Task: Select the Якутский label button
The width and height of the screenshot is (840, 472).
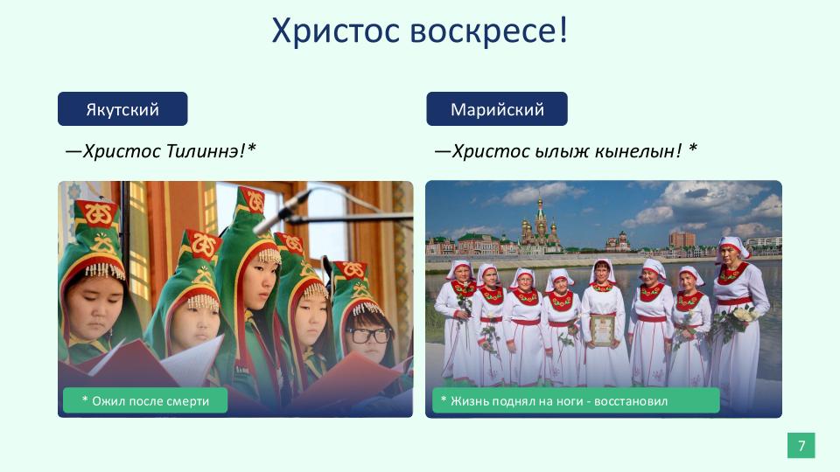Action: [x=122, y=109]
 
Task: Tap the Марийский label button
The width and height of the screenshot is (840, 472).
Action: [x=497, y=109]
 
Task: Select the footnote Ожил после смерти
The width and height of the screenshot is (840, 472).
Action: [x=145, y=401]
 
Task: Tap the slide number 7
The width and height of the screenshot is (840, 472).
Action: [x=801, y=445]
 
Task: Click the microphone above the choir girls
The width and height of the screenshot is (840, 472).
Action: [x=281, y=212]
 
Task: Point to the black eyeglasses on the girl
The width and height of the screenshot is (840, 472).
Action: [x=368, y=336]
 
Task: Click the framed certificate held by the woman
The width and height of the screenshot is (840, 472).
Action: [x=603, y=330]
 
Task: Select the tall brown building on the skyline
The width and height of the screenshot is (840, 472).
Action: [x=682, y=239]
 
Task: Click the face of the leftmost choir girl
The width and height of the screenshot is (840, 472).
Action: [x=94, y=307]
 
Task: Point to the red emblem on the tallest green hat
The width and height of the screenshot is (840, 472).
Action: [x=252, y=201]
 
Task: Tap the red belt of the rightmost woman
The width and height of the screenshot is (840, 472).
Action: [x=735, y=302]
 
